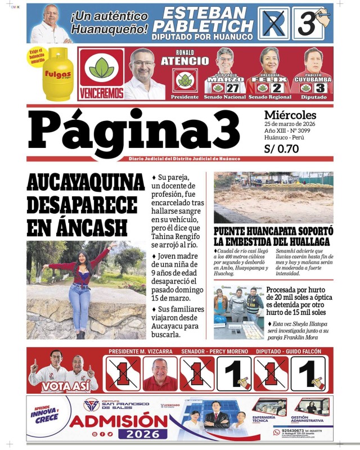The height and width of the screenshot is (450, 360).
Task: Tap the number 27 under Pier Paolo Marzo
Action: (x=232, y=88)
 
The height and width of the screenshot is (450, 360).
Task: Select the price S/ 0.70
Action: (x=281, y=149)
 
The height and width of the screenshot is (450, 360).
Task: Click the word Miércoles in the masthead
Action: (x=290, y=115)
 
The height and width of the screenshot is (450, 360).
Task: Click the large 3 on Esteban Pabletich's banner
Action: (x=307, y=24)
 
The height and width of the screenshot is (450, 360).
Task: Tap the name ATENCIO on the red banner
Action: (x=184, y=61)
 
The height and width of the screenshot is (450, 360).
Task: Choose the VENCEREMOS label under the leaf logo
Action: (x=101, y=91)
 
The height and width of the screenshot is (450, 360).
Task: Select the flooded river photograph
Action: (x=273, y=197)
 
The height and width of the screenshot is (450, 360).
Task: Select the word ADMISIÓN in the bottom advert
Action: (x=119, y=421)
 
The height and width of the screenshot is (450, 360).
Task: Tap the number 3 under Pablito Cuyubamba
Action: (x=320, y=88)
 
